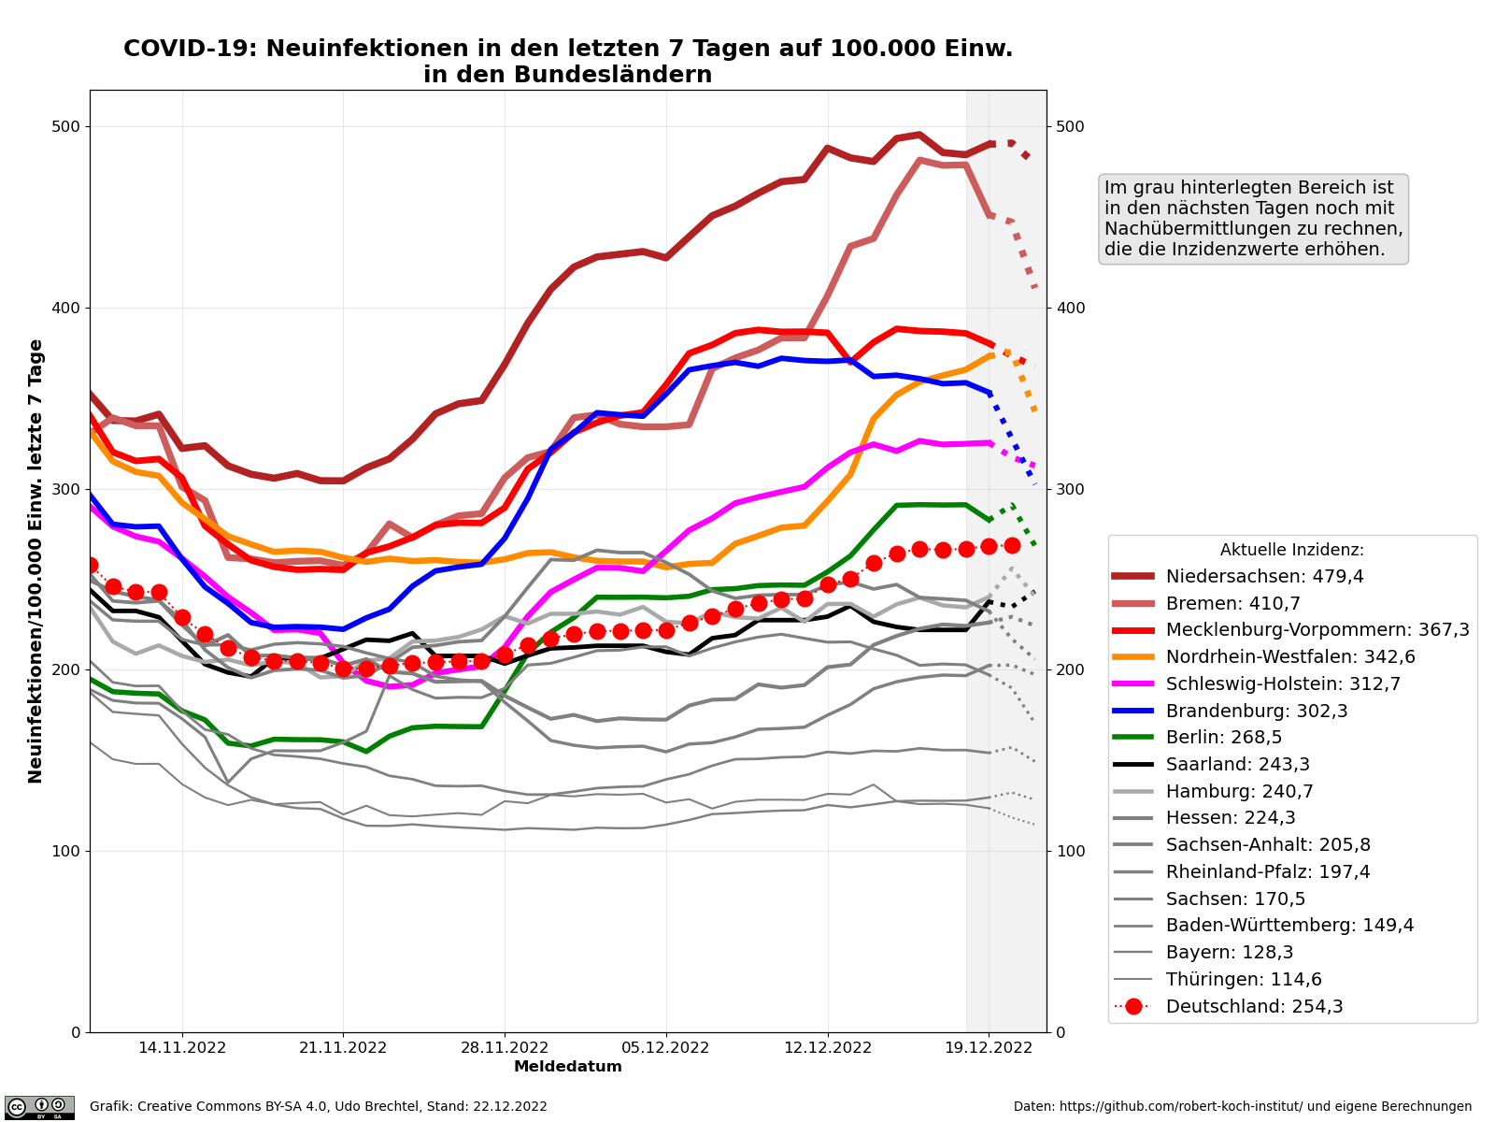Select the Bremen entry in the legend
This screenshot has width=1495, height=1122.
1232,604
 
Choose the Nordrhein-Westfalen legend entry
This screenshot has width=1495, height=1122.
1290,657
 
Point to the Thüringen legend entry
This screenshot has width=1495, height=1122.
1244,980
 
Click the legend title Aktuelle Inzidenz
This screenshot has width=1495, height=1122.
1291,551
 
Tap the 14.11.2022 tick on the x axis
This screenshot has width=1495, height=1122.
182,1048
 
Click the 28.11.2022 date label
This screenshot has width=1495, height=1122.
505,1048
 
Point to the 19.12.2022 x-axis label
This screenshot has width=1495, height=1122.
989,1048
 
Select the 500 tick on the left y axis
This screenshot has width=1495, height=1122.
70,127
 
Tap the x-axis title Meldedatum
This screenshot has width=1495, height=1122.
568,1067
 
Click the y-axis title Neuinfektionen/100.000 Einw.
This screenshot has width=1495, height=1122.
36,561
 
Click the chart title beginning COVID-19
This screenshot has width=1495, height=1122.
568,62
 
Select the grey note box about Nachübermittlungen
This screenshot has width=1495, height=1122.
1253,219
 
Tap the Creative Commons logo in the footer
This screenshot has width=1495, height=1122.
39,1107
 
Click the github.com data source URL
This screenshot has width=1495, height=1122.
1242,1107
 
